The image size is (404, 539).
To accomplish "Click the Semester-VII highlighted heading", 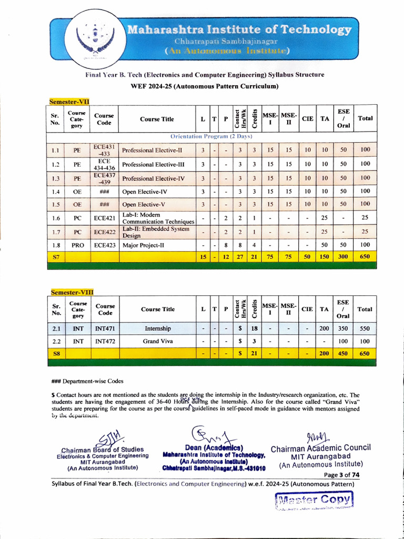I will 70,101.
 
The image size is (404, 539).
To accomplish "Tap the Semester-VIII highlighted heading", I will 72,292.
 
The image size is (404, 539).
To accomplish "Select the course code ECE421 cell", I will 104,217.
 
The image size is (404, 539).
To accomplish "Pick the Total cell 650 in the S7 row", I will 365,257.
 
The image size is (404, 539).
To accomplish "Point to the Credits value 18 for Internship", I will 254,328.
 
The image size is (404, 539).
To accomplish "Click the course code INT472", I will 105,341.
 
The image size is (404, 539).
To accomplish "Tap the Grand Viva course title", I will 158,341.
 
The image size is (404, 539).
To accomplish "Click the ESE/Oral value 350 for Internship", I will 342,328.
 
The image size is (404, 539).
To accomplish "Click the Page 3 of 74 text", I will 341,474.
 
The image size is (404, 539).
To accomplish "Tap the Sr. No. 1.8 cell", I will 55,245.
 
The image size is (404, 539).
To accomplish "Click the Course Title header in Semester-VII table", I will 157,119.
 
